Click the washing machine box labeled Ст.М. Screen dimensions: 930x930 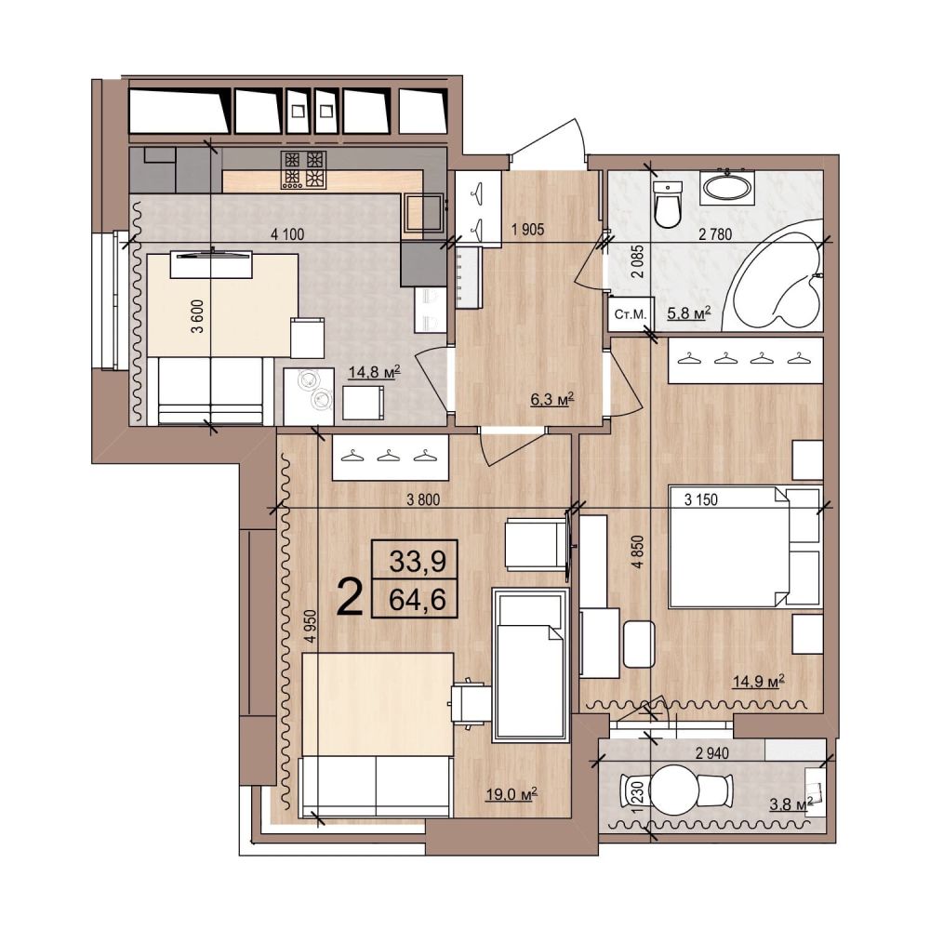tap(630, 313)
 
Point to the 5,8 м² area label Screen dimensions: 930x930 tap(688, 312)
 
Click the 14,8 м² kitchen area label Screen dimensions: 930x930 tap(374, 372)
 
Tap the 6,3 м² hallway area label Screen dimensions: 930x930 tap(551, 399)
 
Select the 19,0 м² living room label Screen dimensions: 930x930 tap(511, 793)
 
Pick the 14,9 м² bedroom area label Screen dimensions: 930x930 tap(759, 681)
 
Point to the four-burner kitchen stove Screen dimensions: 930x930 tap(305, 169)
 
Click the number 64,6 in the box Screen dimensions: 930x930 tap(418, 600)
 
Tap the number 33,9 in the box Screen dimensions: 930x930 tap(418, 561)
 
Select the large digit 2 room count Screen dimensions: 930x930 tap(350, 597)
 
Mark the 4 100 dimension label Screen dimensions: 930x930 tap(287, 234)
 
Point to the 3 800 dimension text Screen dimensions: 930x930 tap(423, 500)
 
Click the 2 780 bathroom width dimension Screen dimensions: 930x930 tap(715, 234)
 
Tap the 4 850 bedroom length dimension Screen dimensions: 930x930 tap(638, 552)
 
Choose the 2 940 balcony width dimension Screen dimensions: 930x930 tap(712, 753)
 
